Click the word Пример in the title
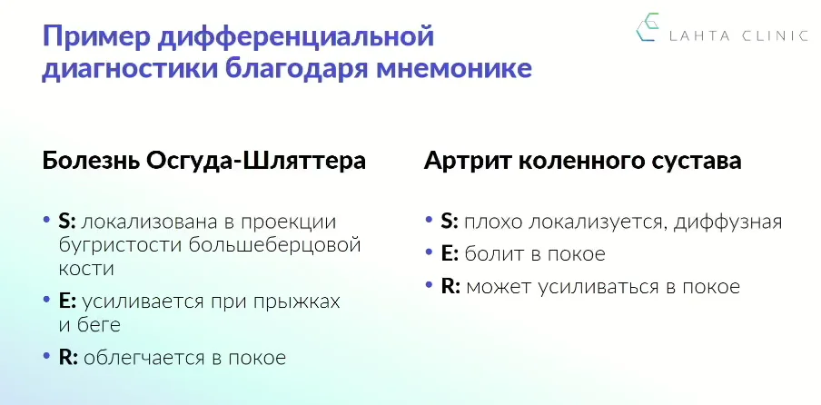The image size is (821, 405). pos(98,37)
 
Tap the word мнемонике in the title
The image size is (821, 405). pos(454,70)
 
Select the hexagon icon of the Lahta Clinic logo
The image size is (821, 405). pos(648,27)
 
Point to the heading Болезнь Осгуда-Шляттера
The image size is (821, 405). pos(203,161)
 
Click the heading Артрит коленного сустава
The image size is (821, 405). pos(582,161)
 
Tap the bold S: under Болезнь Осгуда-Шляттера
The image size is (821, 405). pos(67,222)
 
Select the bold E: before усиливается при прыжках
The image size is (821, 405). pos(68,301)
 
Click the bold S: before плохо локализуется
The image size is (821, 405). pos(450,222)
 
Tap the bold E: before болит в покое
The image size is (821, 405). pos(450,254)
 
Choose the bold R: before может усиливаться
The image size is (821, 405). pos(450,287)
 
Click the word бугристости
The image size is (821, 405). pos(121,245)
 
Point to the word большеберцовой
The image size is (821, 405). pos(275,245)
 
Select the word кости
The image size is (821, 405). pos(86,269)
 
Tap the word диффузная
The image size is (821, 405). pos(727,222)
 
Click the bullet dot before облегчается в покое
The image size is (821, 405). pos(46,356)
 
